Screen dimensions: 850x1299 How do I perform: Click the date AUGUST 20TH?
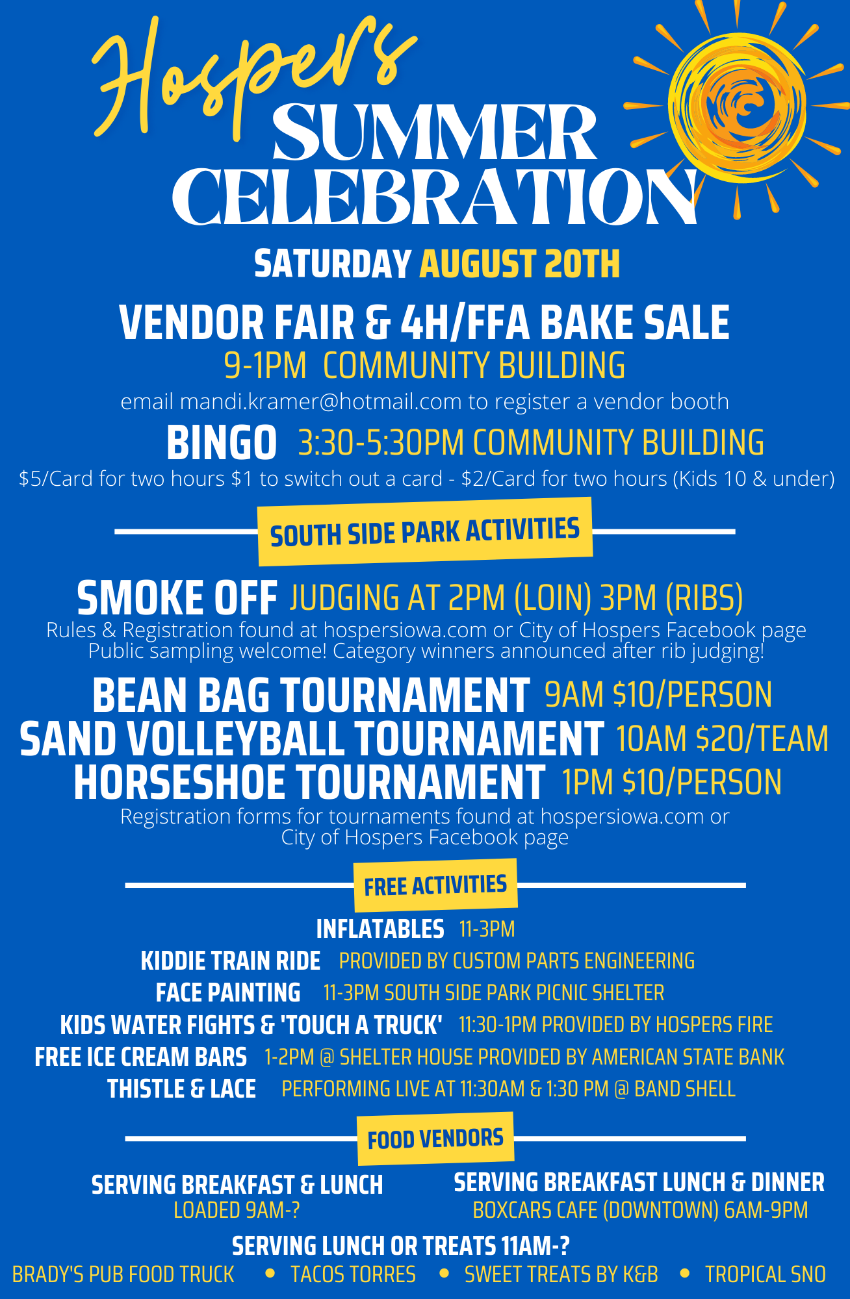tap(520, 264)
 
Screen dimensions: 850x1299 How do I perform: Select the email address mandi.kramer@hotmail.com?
tap(320, 401)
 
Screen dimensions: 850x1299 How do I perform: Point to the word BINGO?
tap(222, 443)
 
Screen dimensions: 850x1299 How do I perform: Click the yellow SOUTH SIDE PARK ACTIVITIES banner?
tap(425, 531)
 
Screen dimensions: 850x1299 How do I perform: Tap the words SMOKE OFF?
tap(177, 598)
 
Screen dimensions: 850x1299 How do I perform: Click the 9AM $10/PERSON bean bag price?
tap(658, 694)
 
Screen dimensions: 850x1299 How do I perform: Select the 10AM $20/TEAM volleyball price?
tap(722, 738)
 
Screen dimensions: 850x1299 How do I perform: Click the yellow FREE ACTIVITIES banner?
tap(435, 885)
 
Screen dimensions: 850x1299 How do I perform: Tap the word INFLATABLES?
tap(380, 929)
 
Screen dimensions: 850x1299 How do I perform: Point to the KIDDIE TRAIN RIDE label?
tap(231, 961)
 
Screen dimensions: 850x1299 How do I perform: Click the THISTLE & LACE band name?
tap(181, 1089)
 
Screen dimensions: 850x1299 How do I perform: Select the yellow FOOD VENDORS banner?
tap(435, 1139)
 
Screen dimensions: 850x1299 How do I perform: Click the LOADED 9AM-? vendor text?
tap(237, 1210)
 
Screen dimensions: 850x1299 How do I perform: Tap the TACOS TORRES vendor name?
tap(353, 1274)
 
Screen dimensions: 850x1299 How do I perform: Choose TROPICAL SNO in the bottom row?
tap(766, 1274)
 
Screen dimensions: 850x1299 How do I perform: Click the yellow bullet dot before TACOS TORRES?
tap(270, 1274)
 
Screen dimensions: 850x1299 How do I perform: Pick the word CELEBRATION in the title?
tap(434, 197)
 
